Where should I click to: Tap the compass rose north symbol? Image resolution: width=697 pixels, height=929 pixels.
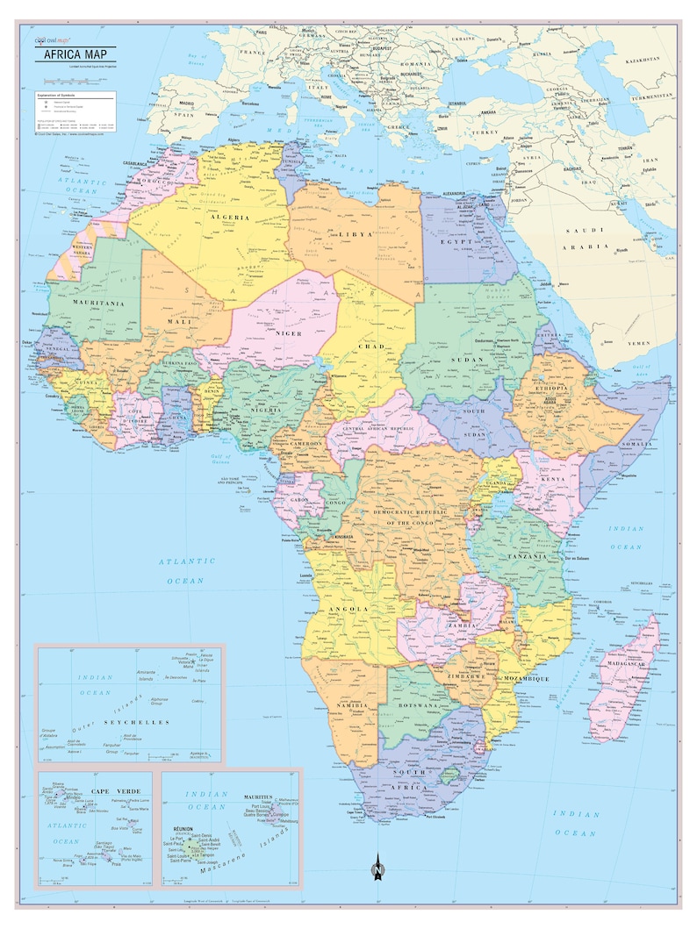(x=377, y=869)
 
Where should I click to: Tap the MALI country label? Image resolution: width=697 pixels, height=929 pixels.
(x=180, y=322)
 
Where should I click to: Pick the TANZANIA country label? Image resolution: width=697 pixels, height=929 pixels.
(x=527, y=556)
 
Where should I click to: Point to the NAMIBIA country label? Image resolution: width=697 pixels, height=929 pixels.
(x=349, y=705)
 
